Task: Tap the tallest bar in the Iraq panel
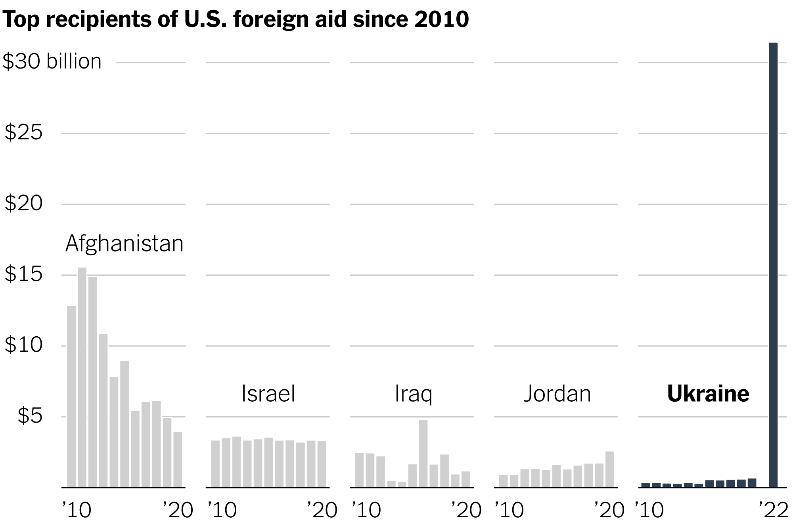423,454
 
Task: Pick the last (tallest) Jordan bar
609,469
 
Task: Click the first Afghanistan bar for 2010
71,396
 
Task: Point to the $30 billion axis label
52,62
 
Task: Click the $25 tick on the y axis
23,133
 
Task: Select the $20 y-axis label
23,204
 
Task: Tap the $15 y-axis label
23,274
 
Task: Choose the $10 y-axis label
23,345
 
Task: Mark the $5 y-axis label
30,416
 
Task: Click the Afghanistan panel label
124,243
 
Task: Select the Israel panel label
268,394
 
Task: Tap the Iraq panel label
413,394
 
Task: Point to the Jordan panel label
557,394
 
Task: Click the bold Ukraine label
708,394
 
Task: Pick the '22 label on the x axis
773,510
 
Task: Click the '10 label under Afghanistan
77,510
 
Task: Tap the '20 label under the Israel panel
322,510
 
